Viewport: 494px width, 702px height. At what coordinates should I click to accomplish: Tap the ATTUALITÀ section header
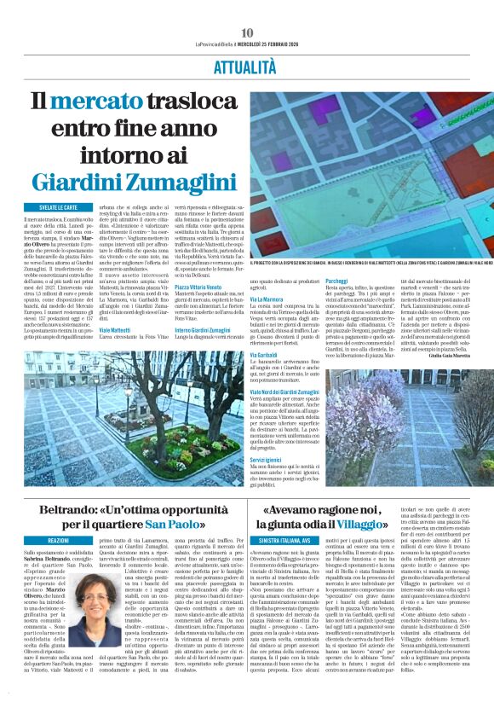click(x=247, y=65)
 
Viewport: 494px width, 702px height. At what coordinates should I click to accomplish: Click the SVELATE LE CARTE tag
click(x=59, y=207)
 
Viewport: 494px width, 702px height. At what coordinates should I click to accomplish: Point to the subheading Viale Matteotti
click(x=116, y=328)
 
